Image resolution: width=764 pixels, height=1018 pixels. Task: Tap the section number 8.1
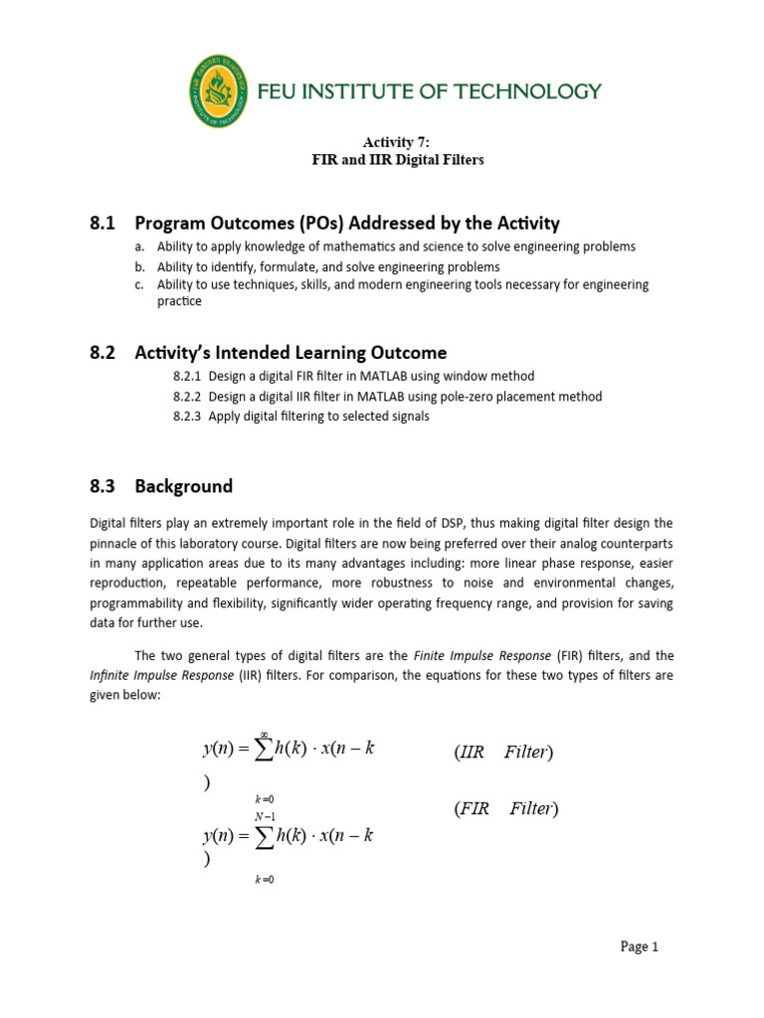tap(103, 223)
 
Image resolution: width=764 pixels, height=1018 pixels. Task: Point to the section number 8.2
tap(103, 353)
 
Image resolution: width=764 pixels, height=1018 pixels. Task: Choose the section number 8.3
tap(103, 486)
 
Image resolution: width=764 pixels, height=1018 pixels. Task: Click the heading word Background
tap(184, 486)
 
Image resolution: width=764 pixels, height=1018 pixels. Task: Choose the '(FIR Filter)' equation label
tap(506, 809)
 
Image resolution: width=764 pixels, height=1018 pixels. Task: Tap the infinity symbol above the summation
tap(265, 734)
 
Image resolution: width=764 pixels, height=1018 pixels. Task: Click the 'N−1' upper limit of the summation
tap(265, 817)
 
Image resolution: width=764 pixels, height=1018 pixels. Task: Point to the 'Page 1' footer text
tap(640, 947)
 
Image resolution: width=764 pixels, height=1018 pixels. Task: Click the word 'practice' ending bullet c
tap(180, 301)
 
